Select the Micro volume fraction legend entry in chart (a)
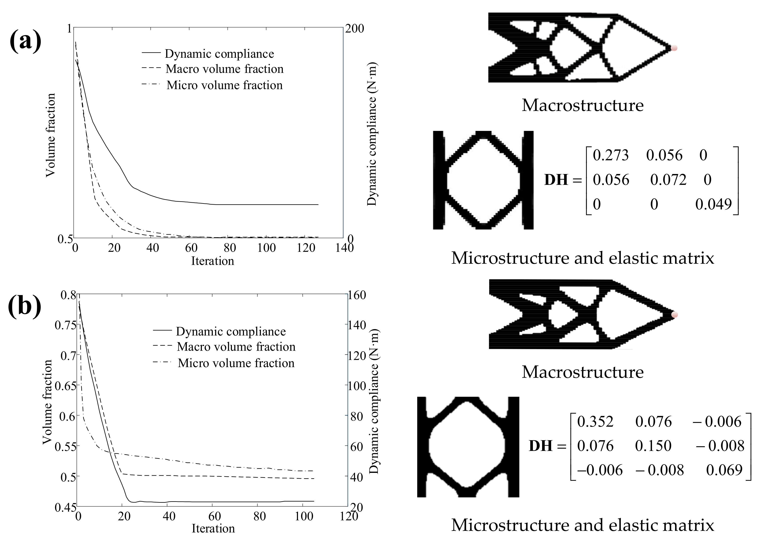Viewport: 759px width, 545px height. [x=224, y=85]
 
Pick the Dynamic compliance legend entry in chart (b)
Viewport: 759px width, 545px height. [x=231, y=332]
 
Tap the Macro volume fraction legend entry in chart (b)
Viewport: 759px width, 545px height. [x=236, y=347]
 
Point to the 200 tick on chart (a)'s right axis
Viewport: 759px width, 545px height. [x=354, y=29]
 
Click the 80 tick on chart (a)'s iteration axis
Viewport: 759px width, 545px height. [x=229, y=248]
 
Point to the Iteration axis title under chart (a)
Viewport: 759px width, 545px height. [x=213, y=261]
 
